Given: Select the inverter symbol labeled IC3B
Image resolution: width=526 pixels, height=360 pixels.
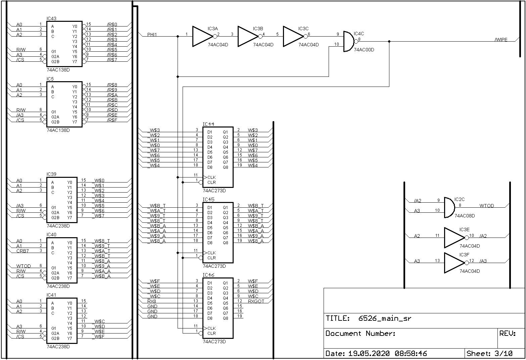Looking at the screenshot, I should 248,36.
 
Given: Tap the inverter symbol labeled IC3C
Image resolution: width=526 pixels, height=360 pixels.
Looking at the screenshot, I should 293,36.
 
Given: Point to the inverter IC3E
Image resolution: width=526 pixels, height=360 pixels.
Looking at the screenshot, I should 454,238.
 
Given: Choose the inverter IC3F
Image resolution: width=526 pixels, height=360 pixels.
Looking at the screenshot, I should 454,263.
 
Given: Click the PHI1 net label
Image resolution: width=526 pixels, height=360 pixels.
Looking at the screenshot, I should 152,35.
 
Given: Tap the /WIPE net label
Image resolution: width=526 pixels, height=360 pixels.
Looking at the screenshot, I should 501,40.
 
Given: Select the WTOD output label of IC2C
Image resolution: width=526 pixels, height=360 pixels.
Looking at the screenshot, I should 486,206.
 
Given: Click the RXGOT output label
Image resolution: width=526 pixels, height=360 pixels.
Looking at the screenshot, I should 256,301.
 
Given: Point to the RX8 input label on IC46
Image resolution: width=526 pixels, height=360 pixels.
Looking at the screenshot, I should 152,301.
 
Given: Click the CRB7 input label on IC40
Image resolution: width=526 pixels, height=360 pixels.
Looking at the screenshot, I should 22,251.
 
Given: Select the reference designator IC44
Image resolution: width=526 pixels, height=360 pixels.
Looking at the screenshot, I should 208,124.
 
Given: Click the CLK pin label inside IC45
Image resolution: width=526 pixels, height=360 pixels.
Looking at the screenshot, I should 211,253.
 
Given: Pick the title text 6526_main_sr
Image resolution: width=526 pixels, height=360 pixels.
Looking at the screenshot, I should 385,318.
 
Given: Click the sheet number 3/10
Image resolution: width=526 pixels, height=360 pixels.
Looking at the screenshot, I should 504,353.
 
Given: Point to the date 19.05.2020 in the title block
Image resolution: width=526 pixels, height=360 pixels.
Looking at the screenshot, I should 369,353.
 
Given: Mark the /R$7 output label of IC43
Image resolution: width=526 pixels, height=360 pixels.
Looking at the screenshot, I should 112,60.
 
